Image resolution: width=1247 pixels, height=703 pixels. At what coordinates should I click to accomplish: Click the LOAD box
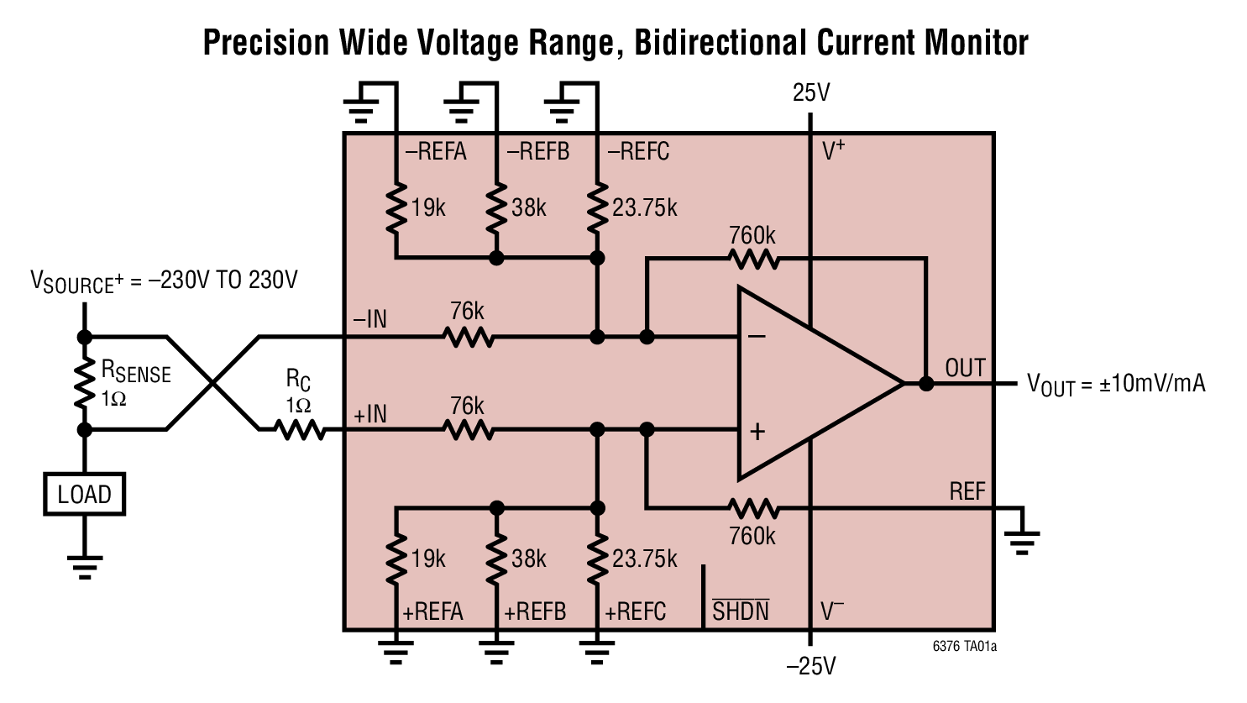click(x=84, y=494)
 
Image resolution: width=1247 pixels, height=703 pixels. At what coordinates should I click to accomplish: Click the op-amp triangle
click(x=806, y=384)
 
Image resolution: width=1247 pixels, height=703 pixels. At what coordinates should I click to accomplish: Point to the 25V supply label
click(x=810, y=93)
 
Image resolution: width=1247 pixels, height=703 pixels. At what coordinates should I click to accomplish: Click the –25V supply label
click(x=810, y=666)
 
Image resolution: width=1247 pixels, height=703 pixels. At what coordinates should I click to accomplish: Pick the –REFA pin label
click(x=436, y=152)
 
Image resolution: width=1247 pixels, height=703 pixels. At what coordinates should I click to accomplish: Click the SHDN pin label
click(x=740, y=611)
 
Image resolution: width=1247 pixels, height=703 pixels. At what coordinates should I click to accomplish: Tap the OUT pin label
click(x=965, y=368)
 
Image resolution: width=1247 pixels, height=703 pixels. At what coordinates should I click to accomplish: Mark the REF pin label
click(x=967, y=491)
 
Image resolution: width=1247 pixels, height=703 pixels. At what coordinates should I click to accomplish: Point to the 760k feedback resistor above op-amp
click(x=753, y=259)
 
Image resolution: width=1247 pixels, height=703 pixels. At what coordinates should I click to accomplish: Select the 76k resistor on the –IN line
click(x=468, y=338)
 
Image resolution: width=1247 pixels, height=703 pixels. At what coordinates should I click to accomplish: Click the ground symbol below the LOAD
click(x=84, y=565)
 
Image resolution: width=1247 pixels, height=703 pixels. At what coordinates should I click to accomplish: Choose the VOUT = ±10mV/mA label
click(x=1116, y=384)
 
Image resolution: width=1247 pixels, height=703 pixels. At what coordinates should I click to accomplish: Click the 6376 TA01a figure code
click(x=964, y=647)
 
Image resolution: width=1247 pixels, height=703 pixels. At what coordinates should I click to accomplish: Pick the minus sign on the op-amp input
click(x=757, y=337)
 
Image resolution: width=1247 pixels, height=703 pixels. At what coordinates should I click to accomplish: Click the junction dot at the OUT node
click(x=926, y=384)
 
